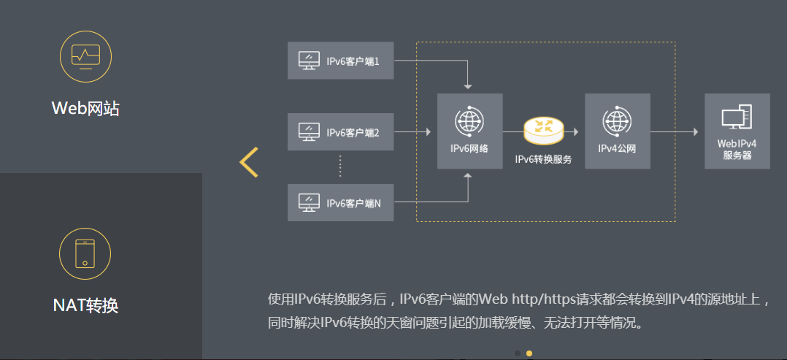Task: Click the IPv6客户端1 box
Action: click(x=340, y=61)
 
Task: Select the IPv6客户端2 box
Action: click(x=340, y=132)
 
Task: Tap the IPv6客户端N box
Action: click(x=340, y=202)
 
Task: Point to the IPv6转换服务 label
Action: click(x=543, y=158)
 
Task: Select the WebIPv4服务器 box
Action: click(x=737, y=131)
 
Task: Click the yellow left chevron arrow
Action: click(x=249, y=162)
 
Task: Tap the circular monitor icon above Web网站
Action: click(x=85, y=55)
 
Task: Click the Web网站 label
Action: click(x=85, y=109)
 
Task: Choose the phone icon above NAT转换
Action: click(x=85, y=253)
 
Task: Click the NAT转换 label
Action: click(x=85, y=305)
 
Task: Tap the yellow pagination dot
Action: click(x=529, y=353)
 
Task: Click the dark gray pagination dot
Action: click(x=517, y=353)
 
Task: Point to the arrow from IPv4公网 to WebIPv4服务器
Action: click(x=676, y=132)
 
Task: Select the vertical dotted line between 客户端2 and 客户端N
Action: click(x=340, y=166)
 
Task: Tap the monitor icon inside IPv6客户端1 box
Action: click(x=309, y=61)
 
